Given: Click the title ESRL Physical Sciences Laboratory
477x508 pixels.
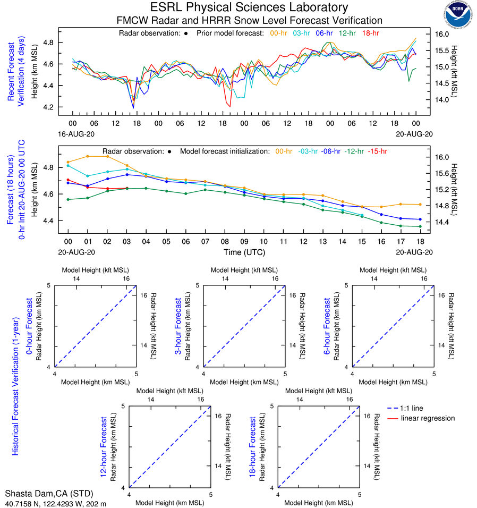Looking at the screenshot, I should (250, 7).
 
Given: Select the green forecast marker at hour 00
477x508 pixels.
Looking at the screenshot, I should (68, 199).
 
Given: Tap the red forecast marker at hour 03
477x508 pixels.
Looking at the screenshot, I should (126, 188).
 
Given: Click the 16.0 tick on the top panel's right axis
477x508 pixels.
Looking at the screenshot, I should (442, 33).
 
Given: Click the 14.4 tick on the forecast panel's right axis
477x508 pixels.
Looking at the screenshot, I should (442, 222).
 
